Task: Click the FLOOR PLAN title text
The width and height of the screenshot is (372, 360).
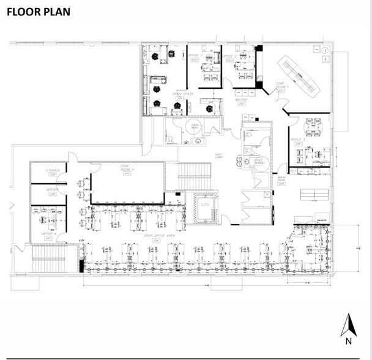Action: point(39,12)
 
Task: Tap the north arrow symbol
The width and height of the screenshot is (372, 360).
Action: point(348,329)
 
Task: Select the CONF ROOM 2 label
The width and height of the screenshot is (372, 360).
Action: point(126,170)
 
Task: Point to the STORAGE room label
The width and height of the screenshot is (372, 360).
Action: point(53,171)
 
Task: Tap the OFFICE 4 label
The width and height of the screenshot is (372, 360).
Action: point(50,234)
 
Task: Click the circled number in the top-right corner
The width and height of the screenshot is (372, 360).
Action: point(327,50)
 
